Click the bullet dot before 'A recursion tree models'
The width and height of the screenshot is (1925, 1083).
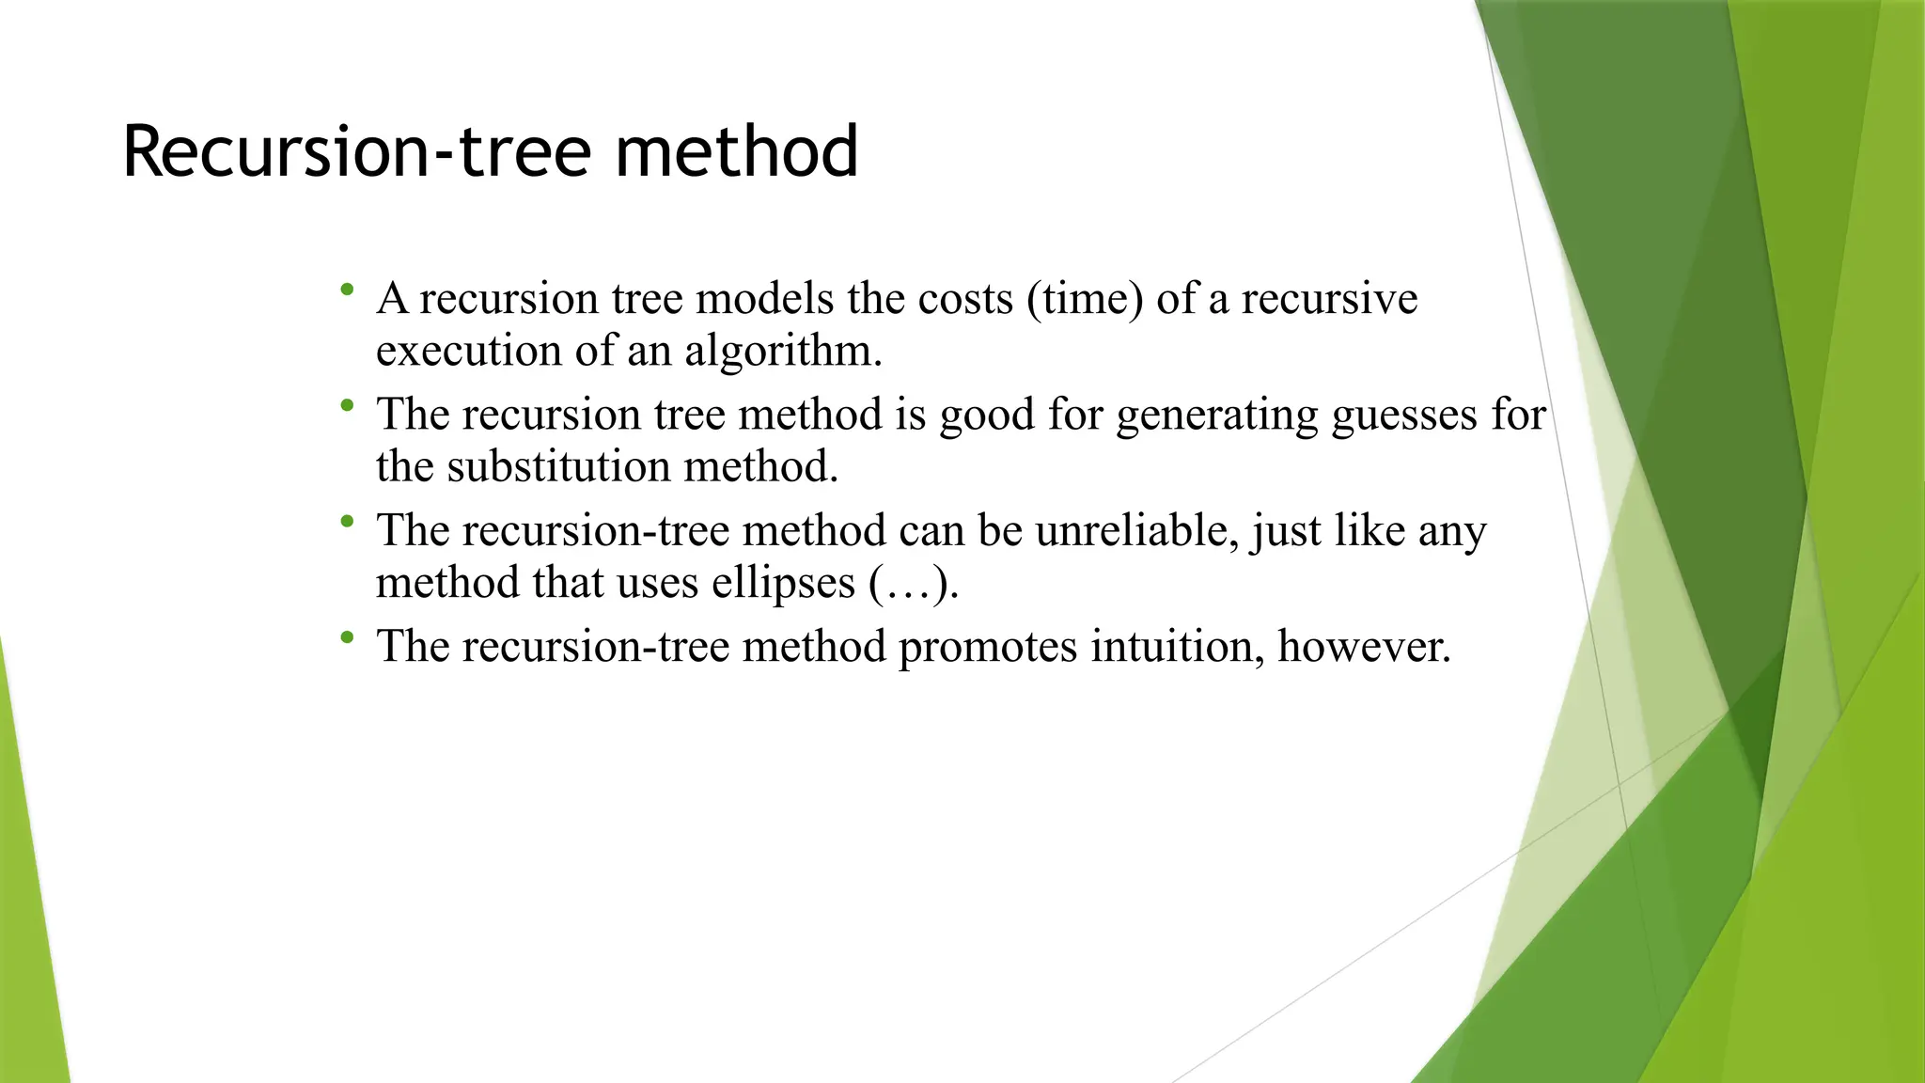click(x=347, y=290)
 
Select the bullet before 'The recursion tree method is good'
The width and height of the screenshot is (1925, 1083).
click(x=347, y=406)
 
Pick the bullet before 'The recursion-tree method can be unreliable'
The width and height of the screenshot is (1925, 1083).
click(x=347, y=522)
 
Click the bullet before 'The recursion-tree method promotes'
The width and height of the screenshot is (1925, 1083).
click(x=347, y=638)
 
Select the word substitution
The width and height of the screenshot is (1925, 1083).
click(x=558, y=467)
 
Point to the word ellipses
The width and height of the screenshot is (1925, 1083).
click(x=783, y=583)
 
